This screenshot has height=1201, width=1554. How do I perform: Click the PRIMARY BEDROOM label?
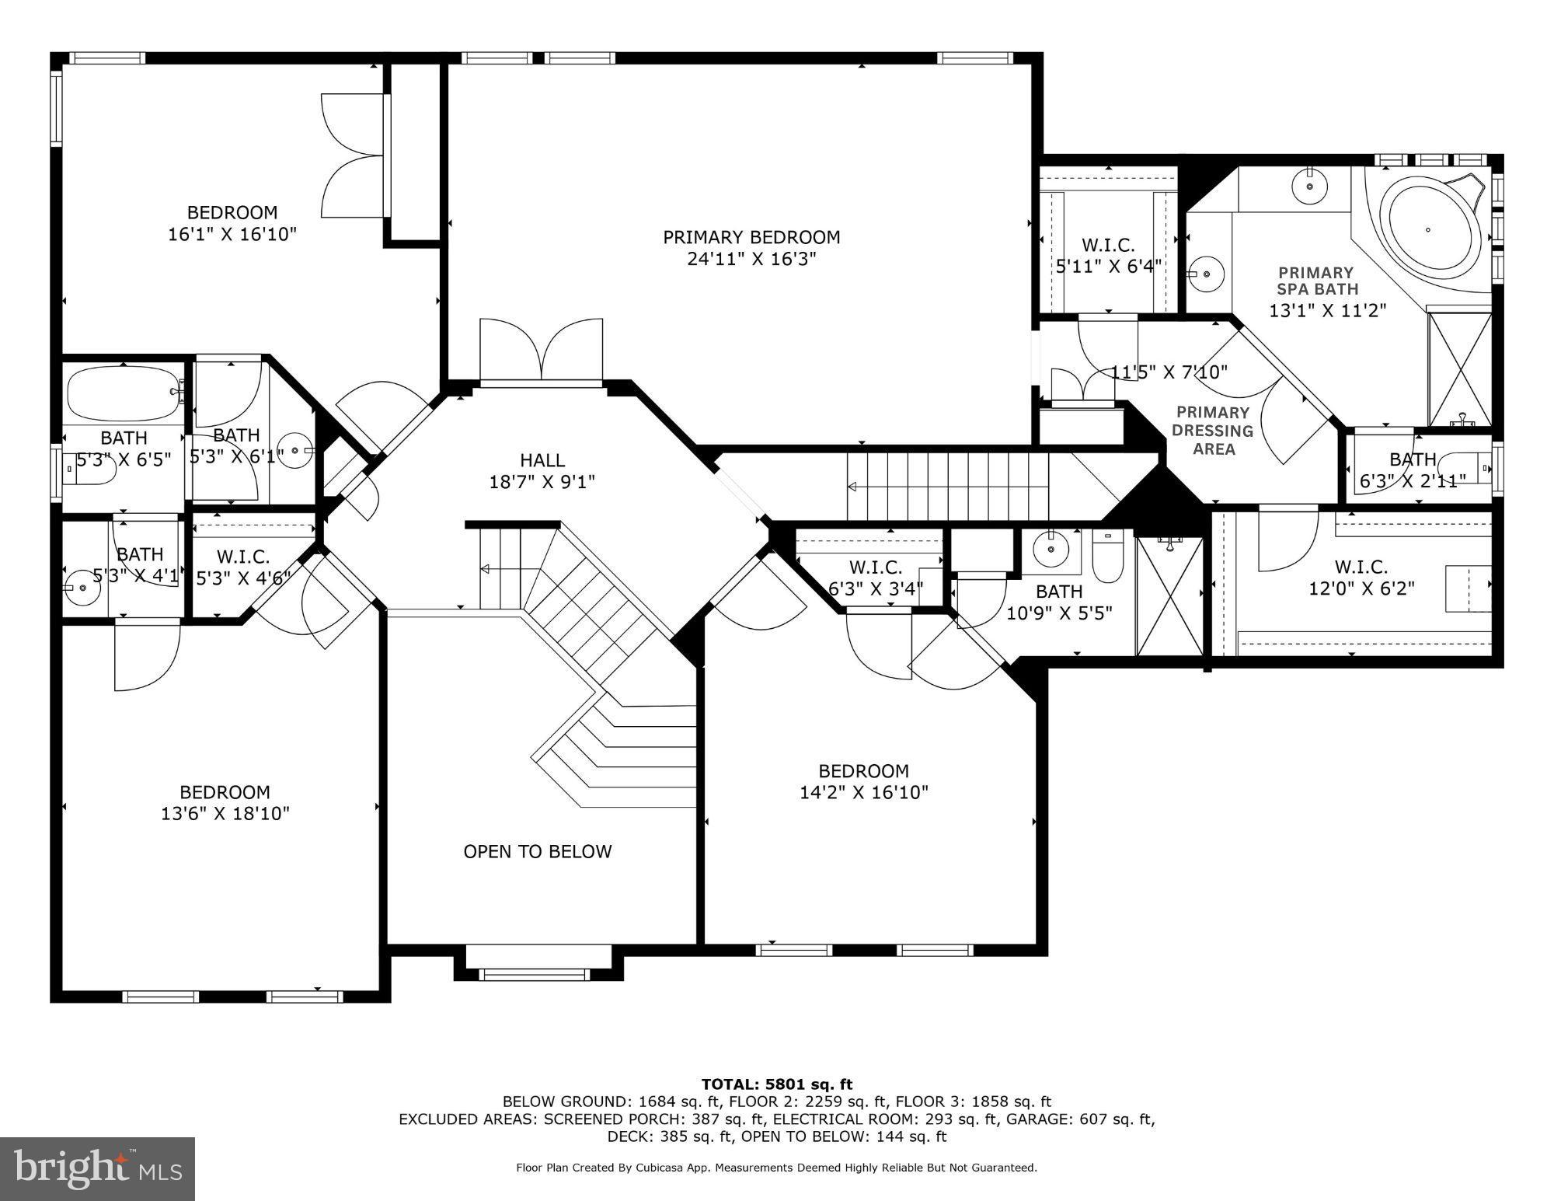751,237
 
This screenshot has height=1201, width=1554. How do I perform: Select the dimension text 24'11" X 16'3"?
751,259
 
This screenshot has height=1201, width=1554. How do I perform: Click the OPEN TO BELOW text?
537,852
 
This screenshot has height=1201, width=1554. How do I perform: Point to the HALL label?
542,460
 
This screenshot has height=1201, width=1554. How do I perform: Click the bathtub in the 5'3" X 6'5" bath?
123,394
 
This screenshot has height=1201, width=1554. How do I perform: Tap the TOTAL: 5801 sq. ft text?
776,1084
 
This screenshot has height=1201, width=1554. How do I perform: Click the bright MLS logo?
97,1168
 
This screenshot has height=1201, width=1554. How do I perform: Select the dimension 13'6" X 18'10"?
225,814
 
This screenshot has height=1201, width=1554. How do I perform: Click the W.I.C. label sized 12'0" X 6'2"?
1361,567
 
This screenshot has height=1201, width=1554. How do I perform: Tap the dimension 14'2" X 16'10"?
863,793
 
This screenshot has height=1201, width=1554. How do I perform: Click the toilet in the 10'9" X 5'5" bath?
1106,557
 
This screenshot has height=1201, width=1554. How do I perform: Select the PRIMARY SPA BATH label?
1315,281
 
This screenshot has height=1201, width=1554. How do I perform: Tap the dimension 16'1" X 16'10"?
232,234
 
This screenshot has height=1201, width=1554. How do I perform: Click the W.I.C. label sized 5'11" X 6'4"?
1108,245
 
